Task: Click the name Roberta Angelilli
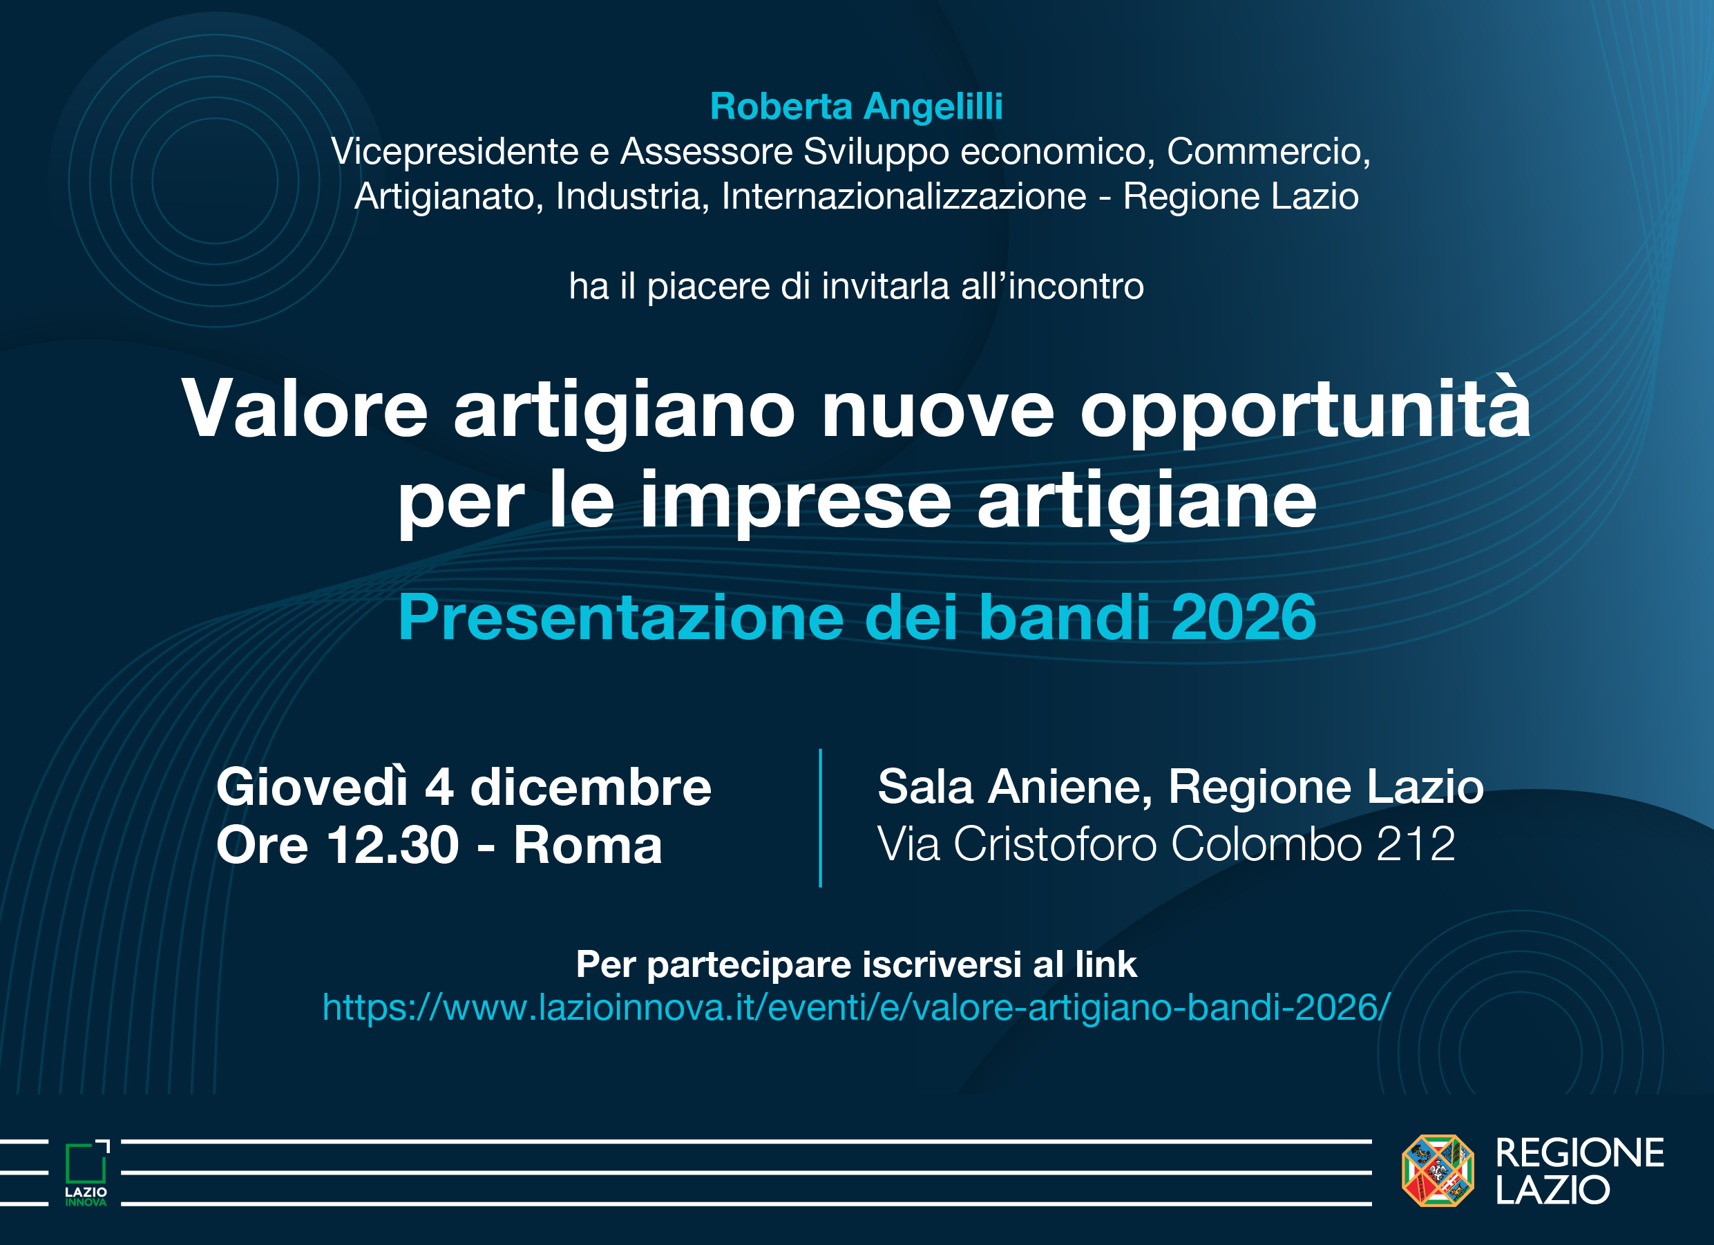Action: (856, 106)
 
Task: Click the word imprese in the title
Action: (795, 500)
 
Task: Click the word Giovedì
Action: (312, 788)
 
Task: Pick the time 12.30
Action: (393, 845)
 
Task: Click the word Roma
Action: (587, 845)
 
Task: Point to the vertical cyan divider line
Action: (820, 817)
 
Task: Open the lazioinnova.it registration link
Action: (855, 1007)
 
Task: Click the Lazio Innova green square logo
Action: (86, 1165)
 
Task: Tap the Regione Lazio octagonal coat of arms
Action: (1438, 1171)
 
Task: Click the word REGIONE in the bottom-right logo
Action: (1579, 1153)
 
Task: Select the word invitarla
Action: (884, 287)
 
